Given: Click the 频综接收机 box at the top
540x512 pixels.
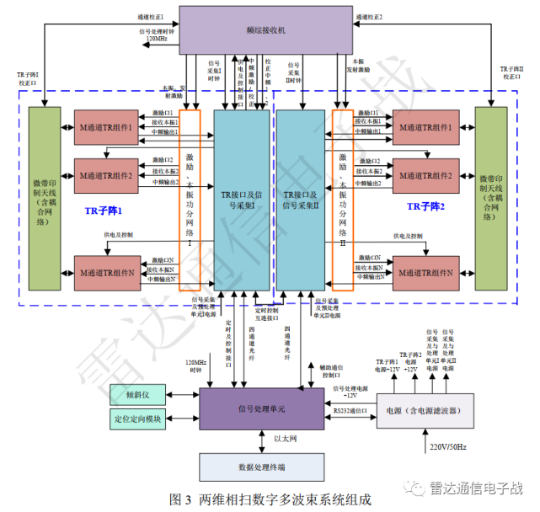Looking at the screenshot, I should pos(265,30).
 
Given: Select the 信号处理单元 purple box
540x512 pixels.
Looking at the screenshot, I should pos(261,408).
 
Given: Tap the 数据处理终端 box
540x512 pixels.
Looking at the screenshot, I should pos(261,466).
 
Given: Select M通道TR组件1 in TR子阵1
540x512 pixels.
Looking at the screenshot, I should pos(107,127).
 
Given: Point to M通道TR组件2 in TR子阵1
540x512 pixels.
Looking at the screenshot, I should pos(107,175).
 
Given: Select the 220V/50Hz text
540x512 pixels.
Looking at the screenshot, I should pos(449,446).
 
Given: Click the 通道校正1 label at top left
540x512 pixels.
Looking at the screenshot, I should pos(150,16).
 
